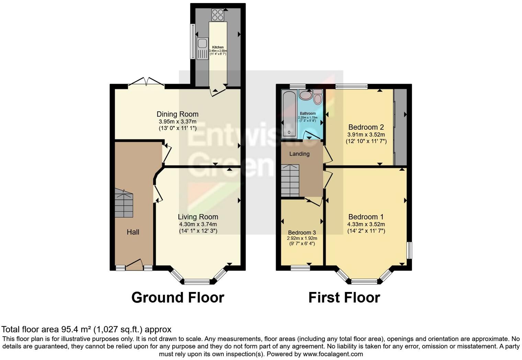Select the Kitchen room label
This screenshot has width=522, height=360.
pyautogui.click(x=218, y=47)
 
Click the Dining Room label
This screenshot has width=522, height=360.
pyautogui.click(x=178, y=114)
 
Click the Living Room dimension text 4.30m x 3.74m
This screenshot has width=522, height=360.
pyautogui.click(x=198, y=224)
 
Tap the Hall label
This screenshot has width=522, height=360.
pyautogui.click(x=133, y=232)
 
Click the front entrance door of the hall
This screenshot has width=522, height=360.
pyautogui.click(x=134, y=265)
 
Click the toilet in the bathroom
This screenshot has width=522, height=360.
pyautogui.click(x=318, y=97)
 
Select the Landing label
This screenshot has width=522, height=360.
pyautogui.click(x=299, y=154)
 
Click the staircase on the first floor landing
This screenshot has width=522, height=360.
pyautogui.click(x=290, y=180)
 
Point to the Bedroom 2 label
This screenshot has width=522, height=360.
pyautogui.click(x=366, y=127)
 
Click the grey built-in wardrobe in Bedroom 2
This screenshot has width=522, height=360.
pyautogui.click(x=400, y=127)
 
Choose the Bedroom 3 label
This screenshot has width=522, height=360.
pyautogui.click(x=302, y=233)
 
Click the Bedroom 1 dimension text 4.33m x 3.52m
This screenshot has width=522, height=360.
pyautogui.click(x=366, y=224)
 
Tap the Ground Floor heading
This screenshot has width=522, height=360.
pyautogui.click(x=178, y=297)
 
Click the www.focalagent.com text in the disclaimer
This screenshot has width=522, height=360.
pyautogui.click(x=333, y=354)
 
